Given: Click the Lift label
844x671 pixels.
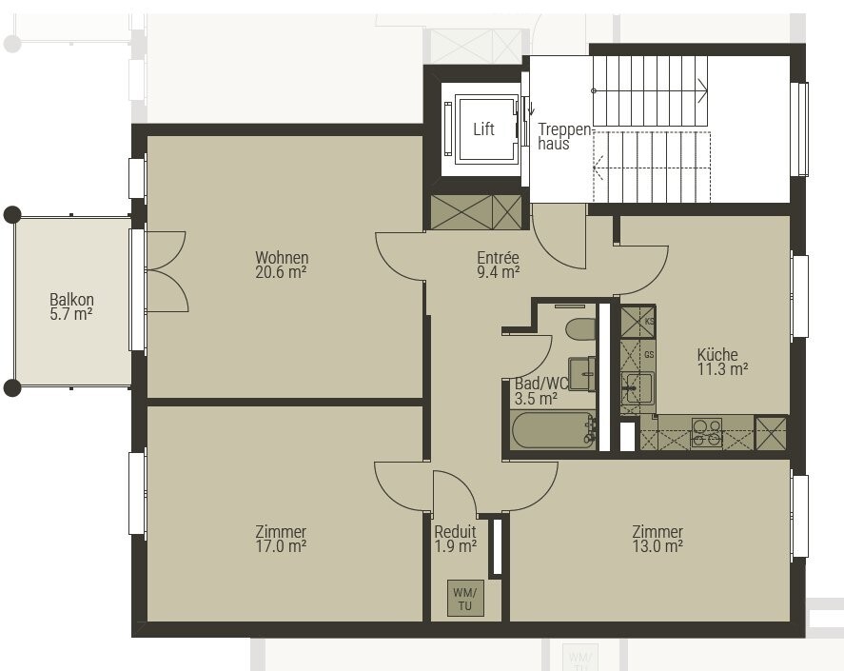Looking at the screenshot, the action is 483,129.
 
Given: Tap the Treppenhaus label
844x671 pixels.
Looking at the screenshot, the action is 564,136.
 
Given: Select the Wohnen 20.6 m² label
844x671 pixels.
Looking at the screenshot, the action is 282,265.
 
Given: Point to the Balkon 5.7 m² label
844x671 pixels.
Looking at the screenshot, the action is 71,306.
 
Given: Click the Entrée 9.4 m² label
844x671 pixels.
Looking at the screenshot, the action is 498,265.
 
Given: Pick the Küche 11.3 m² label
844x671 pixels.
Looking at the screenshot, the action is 722,362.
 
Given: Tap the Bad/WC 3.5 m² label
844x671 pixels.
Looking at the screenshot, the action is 540,391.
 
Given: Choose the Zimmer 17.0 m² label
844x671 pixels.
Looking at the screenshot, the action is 281,539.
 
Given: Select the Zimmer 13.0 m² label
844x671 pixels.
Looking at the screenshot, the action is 658,539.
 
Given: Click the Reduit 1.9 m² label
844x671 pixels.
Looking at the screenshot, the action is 456,539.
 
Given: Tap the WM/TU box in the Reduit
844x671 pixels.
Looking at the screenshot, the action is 465,599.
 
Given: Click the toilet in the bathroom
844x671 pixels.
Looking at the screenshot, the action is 580,329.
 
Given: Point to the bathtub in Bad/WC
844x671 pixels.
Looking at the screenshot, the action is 553,430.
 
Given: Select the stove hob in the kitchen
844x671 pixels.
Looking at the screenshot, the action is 707,432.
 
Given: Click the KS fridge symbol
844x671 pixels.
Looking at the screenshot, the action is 638,322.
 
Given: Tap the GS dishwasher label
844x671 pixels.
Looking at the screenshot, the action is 649,355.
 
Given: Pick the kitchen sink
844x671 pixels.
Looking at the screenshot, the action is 638,387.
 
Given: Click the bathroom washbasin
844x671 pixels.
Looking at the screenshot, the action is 582,373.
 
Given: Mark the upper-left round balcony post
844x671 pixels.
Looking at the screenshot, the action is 12,215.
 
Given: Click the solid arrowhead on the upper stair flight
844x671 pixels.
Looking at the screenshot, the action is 703,89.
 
